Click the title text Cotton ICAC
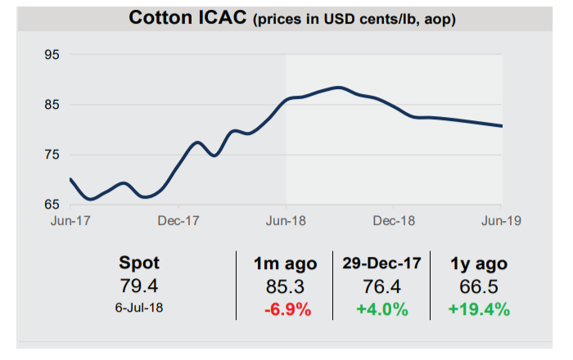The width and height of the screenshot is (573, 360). (189, 17)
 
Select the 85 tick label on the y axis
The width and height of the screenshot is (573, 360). (51, 105)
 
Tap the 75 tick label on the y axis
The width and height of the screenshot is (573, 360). (51, 155)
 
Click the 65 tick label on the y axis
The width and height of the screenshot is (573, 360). (51, 205)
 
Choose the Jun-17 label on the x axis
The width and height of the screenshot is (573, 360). (71, 221)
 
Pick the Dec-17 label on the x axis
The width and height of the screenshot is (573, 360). (178, 221)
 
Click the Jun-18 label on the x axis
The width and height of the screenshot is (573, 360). (286, 221)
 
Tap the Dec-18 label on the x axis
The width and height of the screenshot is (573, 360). (395, 221)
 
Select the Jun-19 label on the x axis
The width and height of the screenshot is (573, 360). (501, 221)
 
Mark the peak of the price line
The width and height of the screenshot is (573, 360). (338, 87)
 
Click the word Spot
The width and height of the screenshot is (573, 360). (140, 263)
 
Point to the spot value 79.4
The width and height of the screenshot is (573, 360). (140, 286)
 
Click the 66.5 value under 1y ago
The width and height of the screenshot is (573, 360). (477, 286)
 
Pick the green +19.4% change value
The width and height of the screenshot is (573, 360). (477, 309)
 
